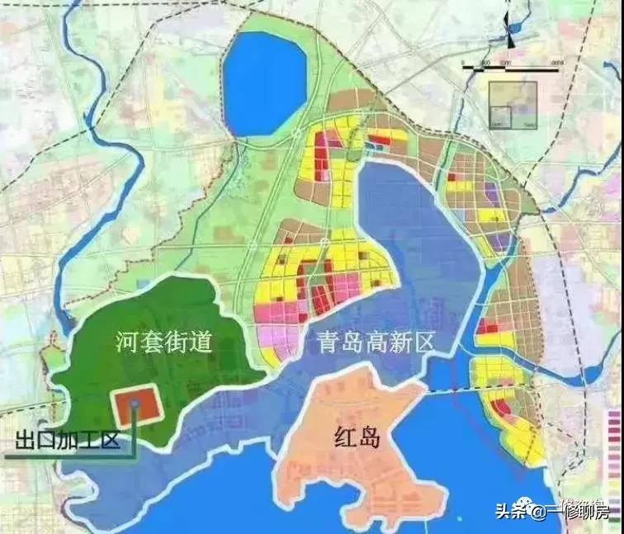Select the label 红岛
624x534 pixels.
coord(359,437)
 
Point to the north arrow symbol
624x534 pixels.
coord(513,34)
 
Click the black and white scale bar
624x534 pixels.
coord(513,65)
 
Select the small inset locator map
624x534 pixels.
coord(513,105)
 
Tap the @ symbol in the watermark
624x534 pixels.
coord(537,513)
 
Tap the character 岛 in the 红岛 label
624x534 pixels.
coord(372,437)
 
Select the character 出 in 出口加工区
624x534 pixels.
coord(24,440)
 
